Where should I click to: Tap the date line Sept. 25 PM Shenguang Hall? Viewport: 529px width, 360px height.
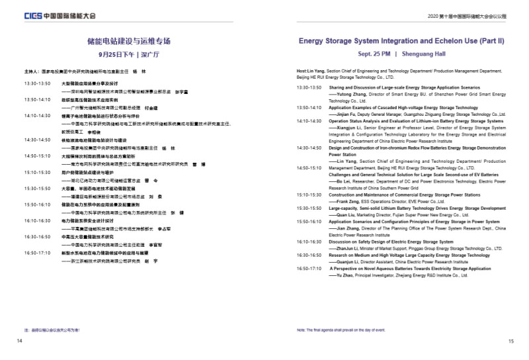click(x=402, y=54)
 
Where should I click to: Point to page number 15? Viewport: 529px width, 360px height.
click(x=510, y=341)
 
